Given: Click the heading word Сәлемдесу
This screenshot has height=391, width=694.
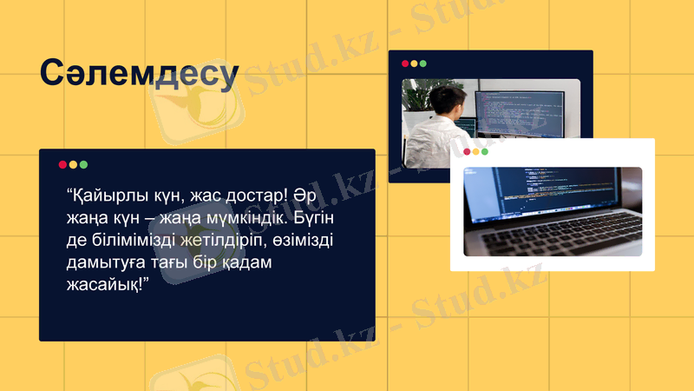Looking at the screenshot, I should (x=139, y=75).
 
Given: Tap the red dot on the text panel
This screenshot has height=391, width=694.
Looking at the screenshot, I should (x=62, y=164).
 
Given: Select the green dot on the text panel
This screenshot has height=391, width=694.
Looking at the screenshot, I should (x=83, y=164).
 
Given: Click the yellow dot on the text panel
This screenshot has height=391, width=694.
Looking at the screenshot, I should (x=73, y=164).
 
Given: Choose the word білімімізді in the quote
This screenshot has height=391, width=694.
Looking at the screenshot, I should (x=134, y=239).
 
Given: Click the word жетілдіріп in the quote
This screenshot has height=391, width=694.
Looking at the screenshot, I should (x=226, y=239).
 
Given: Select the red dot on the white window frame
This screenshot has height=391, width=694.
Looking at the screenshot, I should (x=467, y=151).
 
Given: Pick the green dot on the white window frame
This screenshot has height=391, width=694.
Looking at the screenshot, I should (x=485, y=151).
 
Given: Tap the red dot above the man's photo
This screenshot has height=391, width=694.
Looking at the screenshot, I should (x=404, y=63).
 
